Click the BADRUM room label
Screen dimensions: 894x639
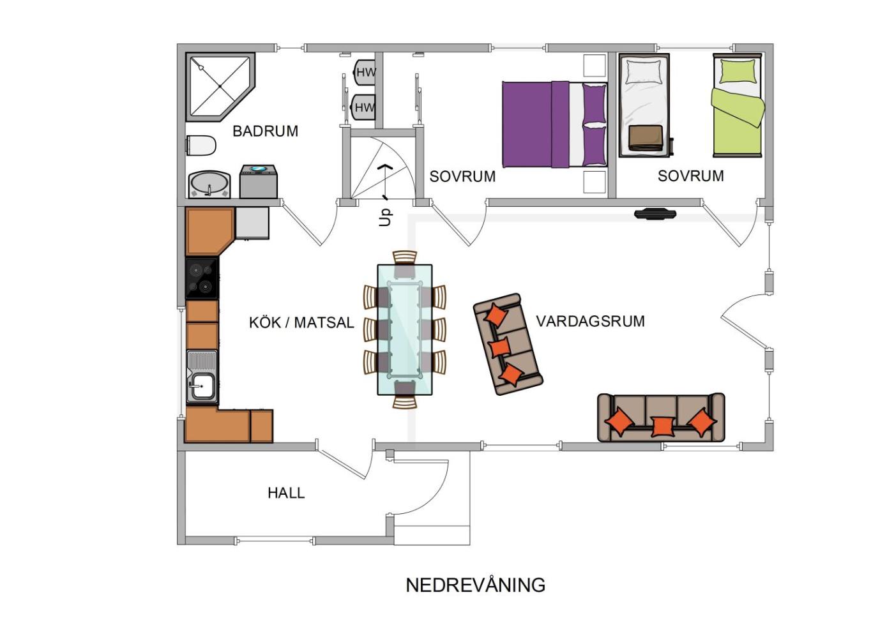[265, 131]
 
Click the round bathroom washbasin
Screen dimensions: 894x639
[209, 184]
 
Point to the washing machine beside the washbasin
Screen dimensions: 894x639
[258, 181]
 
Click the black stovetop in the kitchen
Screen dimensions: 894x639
[202, 278]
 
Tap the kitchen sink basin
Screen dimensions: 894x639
[202, 386]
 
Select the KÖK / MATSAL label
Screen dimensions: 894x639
[301, 322]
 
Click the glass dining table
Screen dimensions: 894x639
[405, 329]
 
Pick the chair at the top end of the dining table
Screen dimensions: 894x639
[405, 263]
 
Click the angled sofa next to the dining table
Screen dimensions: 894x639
[508, 344]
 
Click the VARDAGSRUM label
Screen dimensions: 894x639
[590, 321]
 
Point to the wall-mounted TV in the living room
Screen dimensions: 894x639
[655, 214]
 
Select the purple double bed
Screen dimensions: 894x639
[555, 124]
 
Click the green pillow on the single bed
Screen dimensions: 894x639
[738, 71]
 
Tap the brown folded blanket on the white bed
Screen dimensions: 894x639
[646, 138]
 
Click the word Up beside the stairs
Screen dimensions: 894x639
[385, 218]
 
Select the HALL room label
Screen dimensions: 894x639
[286, 493]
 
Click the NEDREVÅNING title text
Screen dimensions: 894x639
[475, 585]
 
